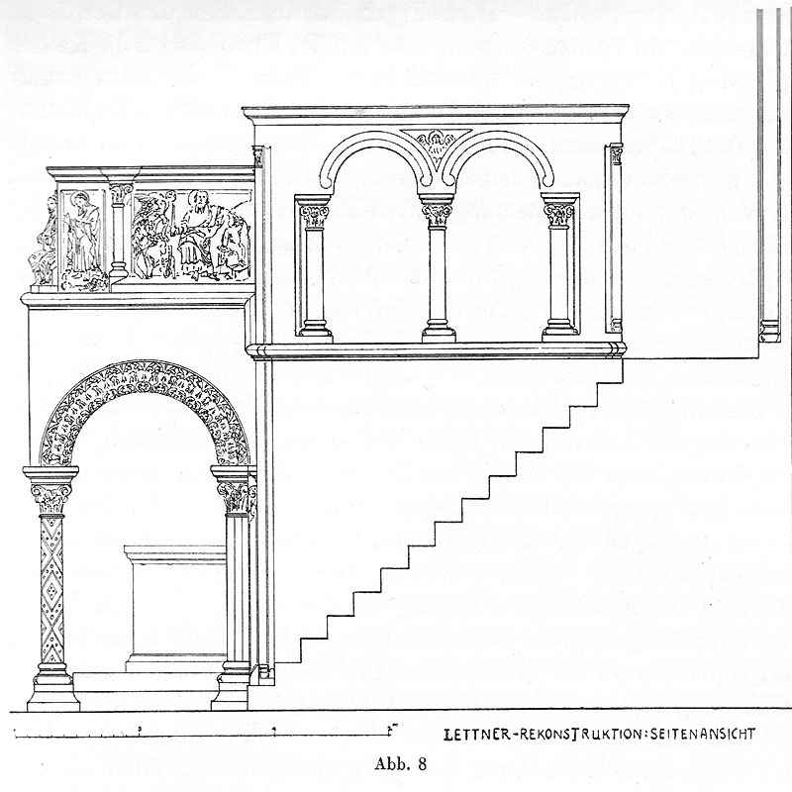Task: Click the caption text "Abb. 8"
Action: point(400,762)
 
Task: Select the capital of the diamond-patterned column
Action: point(50,491)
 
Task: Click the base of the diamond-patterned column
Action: point(52,687)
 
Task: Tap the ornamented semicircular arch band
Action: point(145,381)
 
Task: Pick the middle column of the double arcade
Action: point(437,277)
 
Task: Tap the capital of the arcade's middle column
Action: point(437,212)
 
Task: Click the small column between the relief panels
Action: point(120,233)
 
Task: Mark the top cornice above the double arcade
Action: point(436,111)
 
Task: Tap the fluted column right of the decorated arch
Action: point(236,584)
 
